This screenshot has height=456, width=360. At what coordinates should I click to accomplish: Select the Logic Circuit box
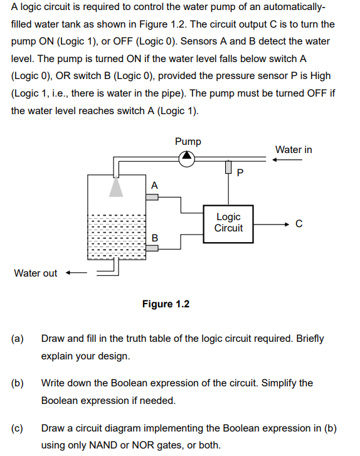pos(228,223)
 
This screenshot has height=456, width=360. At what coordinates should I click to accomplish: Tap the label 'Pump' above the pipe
pos(188,141)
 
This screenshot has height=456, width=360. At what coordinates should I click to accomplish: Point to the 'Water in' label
pos(294,149)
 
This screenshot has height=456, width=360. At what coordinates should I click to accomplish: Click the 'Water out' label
pos(36,273)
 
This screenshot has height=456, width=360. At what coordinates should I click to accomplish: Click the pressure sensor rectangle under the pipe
pos(228,168)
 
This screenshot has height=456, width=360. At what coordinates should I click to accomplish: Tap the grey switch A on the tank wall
pos(152,197)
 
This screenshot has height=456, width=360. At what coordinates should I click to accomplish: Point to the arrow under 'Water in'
pos(287,159)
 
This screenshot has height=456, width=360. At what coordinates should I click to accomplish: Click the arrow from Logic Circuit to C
pos(271,223)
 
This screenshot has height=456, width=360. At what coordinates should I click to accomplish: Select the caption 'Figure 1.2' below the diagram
pos(166,304)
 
